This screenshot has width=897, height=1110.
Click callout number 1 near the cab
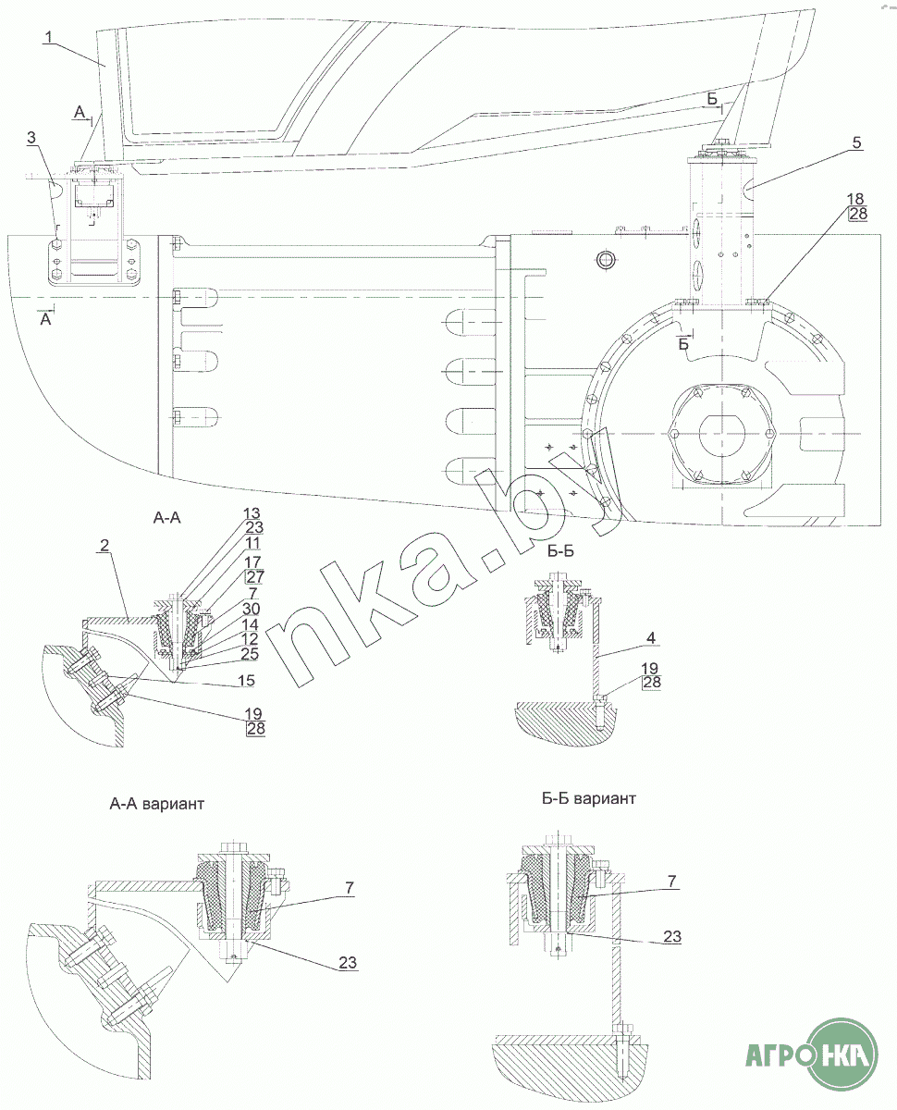49,37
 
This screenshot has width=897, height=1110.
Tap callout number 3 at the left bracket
31,138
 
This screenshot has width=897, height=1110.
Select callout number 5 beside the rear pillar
857,142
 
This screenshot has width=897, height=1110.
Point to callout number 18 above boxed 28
855,199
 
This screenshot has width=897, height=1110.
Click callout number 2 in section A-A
104,545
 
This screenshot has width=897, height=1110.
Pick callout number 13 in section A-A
252,513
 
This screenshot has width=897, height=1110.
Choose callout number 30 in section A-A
252,609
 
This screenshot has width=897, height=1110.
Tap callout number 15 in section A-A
246,680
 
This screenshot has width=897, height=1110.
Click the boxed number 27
255,577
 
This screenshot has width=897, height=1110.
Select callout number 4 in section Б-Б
651,637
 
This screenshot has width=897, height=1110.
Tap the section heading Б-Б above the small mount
560,550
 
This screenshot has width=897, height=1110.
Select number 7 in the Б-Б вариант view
672,881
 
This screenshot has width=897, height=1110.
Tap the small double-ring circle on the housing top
605,259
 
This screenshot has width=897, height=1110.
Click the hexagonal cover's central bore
722,434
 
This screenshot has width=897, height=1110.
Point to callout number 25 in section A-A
250,653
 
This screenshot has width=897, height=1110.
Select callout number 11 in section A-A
252,543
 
